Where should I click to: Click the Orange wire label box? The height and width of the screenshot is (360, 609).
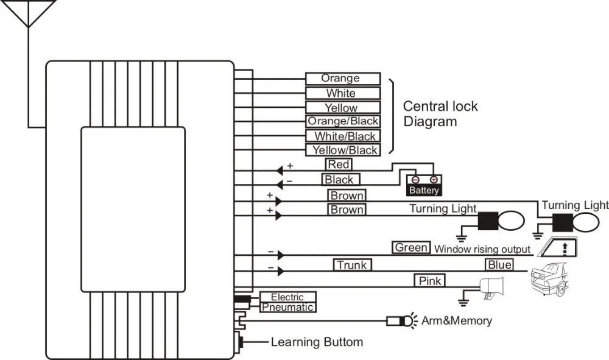pyautogui.click(x=342, y=79)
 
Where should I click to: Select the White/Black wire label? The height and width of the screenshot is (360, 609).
pyautogui.click(x=342, y=136)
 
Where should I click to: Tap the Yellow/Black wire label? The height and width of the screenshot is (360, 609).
pyautogui.click(x=342, y=150)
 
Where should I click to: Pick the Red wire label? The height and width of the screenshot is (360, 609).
pyautogui.click(x=339, y=164)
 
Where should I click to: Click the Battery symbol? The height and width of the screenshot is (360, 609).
pyautogui.click(x=424, y=185)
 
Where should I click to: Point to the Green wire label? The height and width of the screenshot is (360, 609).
pyautogui.click(x=411, y=247)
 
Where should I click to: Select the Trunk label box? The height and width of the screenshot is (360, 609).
pyautogui.click(x=352, y=265)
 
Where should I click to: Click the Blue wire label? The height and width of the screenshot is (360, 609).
pyautogui.click(x=499, y=264)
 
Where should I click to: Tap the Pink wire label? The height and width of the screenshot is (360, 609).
pyautogui.click(x=429, y=280)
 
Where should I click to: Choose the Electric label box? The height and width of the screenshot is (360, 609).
pyautogui.click(x=287, y=297)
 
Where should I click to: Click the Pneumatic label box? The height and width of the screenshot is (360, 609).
pyautogui.click(x=287, y=307)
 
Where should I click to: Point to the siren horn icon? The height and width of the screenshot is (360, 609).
pyautogui.click(x=492, y=288)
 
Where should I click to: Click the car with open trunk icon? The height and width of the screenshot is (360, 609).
pyautogui.click(x=549, y=279)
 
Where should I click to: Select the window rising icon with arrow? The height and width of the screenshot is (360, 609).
pyautogui.click(x=558, y=247)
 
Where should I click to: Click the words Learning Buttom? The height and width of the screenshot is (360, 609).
pyautogui.click(x=317, y=342)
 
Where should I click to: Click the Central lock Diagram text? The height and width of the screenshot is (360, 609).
pyautogui.click(x=440, y=114)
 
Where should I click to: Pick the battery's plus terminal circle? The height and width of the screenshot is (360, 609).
pyautogui.click(x=434, y=180)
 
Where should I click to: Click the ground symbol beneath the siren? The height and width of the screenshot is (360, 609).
pyautogui.click(x=463, y=302)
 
